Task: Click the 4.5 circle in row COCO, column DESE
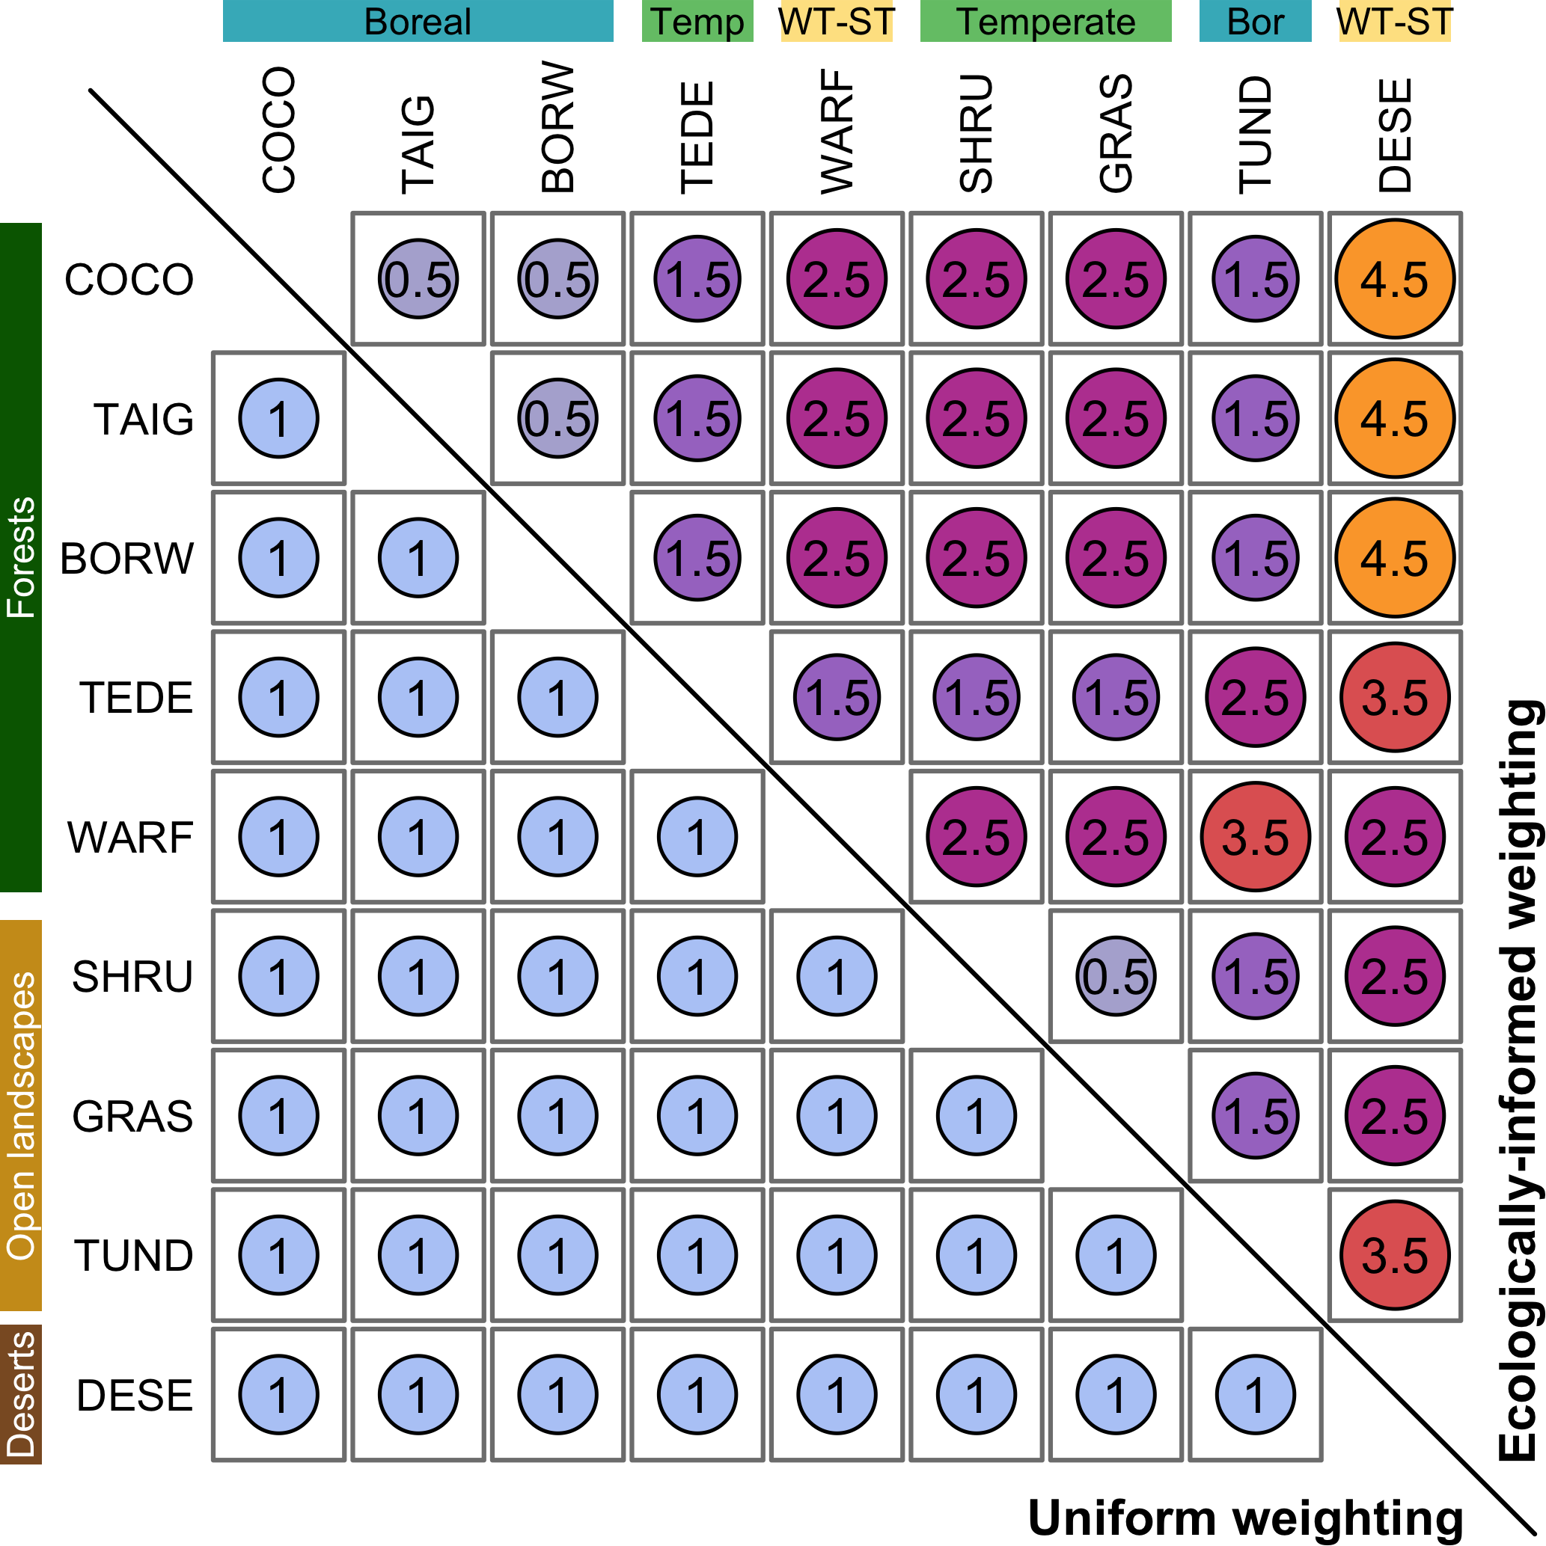[x=1395, y=278]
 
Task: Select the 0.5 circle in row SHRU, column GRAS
[x=1115, y=976]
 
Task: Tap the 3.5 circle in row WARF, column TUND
[x=1256, y=837]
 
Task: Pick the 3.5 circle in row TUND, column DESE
[x=1395, y=1255]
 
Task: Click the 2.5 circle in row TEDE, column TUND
[x=1256, y=697]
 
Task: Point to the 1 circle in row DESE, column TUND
[x=1256, y=1395]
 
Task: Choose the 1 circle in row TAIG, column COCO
[x=278, y=419]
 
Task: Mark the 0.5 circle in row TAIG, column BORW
[x=558, y=419]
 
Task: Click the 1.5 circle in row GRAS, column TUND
[x=1256, y=1115]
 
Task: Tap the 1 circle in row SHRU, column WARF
[x=837, y=976]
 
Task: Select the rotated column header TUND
[x=1256, y=135]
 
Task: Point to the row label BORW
[x=127, y=558]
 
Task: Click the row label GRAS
[x=133, y=1115]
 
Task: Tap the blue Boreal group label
[x=418, y=22]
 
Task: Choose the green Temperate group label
[x=1045, y=22]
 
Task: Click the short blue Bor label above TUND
[x=1256, y=22]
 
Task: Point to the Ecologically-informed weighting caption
[x=1519, y=1080]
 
